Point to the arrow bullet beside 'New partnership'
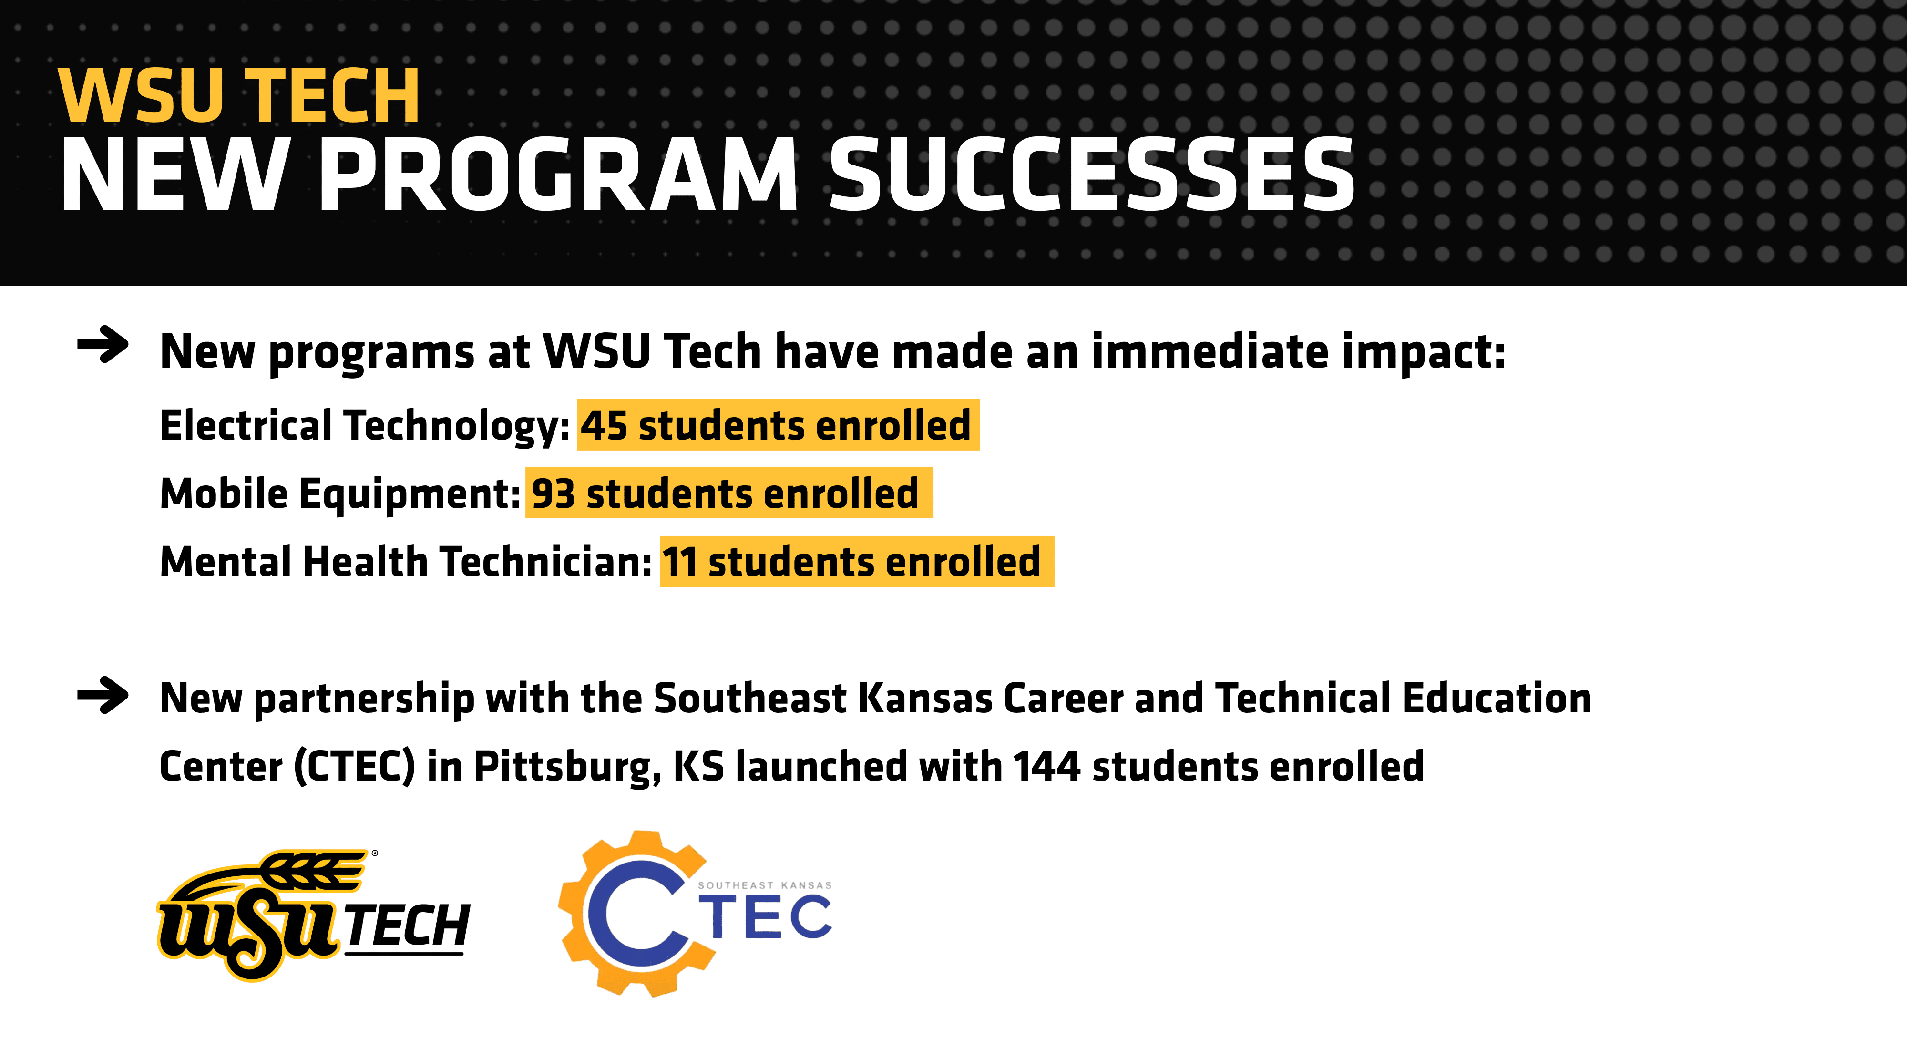(x=103, y=695)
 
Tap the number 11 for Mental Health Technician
(x=679, y=562)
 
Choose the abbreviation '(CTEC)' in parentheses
(x=355, y=767)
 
